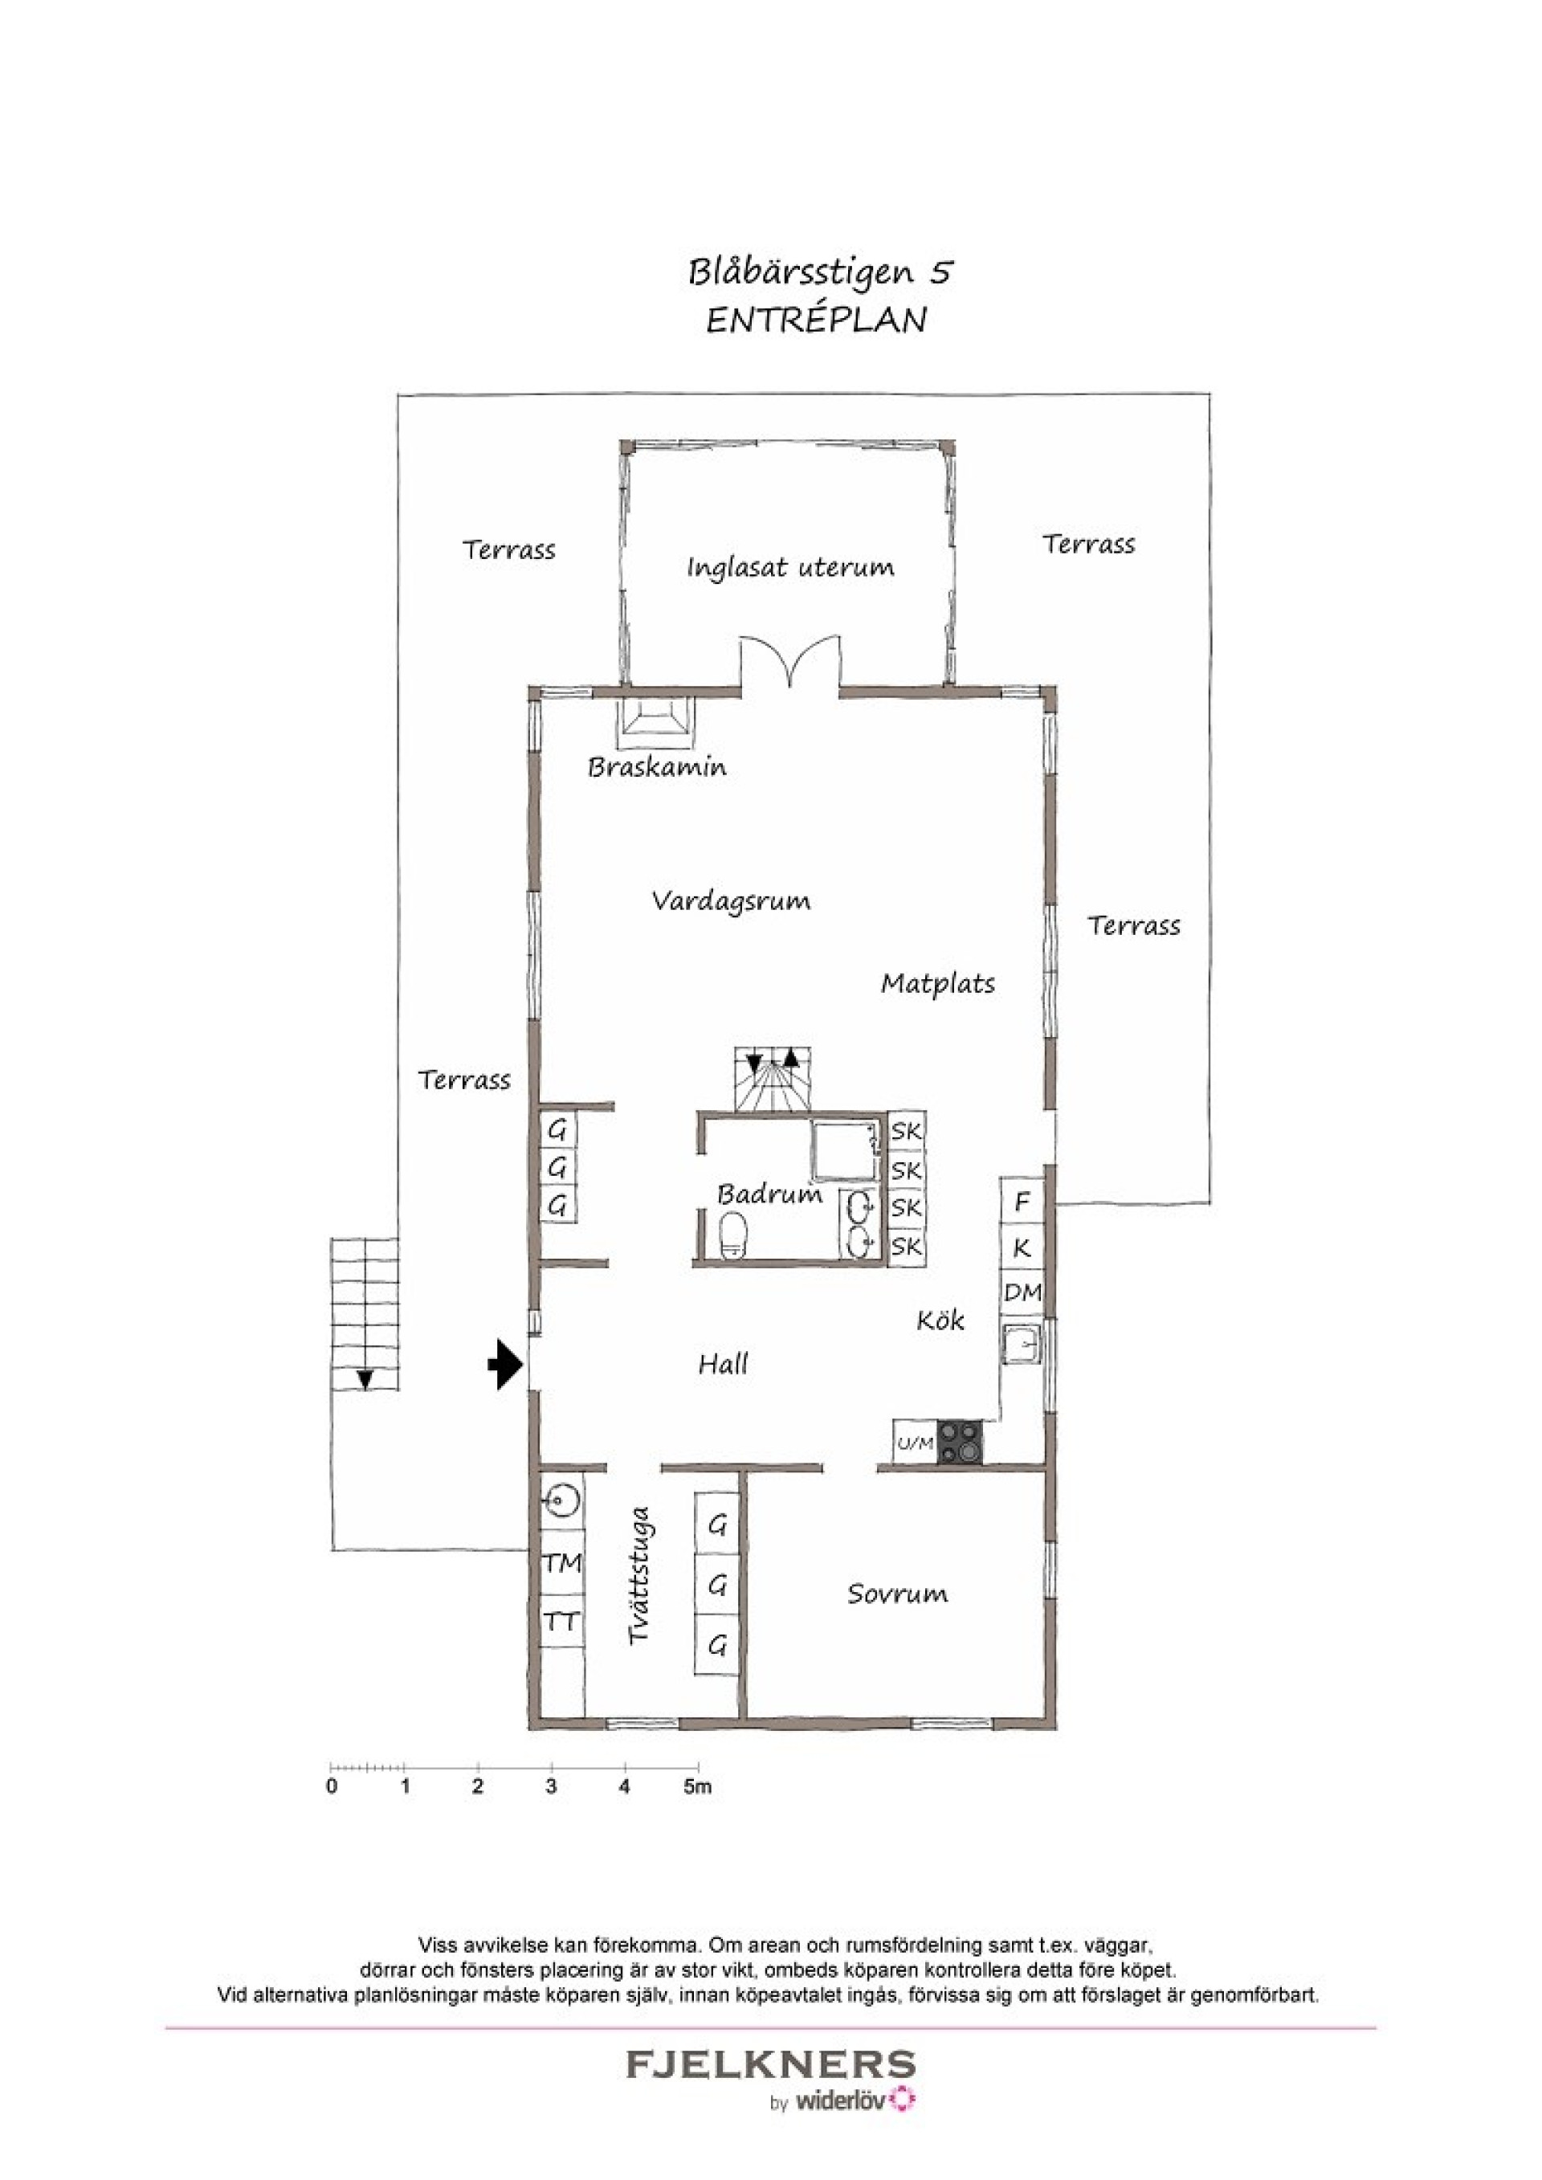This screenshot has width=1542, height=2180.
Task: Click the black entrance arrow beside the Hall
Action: (505, 1365)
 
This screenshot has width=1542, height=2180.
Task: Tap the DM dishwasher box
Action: (1022, 1292)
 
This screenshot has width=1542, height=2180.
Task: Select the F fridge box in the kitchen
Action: (1022, 1202)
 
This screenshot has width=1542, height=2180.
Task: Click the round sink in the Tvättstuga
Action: (564, 1500)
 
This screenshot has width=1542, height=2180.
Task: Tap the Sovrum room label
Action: (897, 1593)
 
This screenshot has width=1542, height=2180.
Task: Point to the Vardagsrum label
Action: (731, 901)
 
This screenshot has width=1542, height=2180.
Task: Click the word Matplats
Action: (938, 984)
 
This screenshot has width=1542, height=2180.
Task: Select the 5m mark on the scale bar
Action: (698, 1786)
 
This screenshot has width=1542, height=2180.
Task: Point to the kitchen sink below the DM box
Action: (1022, 1345)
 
